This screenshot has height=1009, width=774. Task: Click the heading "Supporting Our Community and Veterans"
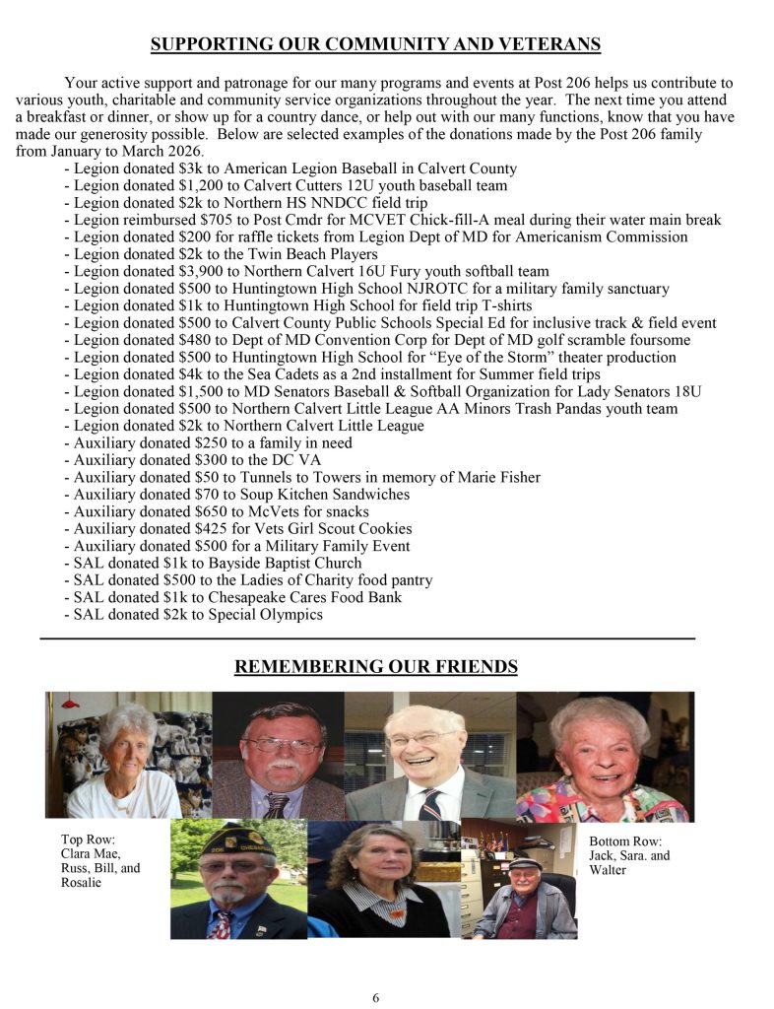point(375,45)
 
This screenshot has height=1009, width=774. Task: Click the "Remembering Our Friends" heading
point(375,667)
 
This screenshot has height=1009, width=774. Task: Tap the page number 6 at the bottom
point(375,997)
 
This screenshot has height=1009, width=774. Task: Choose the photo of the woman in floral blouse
point(605,756)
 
